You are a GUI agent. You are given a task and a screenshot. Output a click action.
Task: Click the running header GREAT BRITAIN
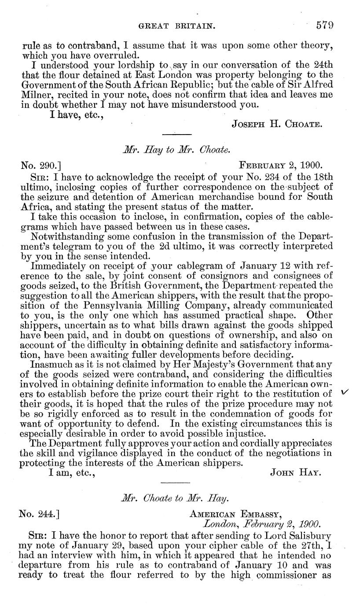pos(177,26)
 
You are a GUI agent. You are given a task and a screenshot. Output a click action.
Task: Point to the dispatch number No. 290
pos(41,165)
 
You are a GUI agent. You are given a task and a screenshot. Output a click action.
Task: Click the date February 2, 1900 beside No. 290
pos(281,165)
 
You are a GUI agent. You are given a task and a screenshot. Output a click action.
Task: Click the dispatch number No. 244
pos(41,513)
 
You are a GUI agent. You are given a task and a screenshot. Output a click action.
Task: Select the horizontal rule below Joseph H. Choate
pos(177,135)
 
